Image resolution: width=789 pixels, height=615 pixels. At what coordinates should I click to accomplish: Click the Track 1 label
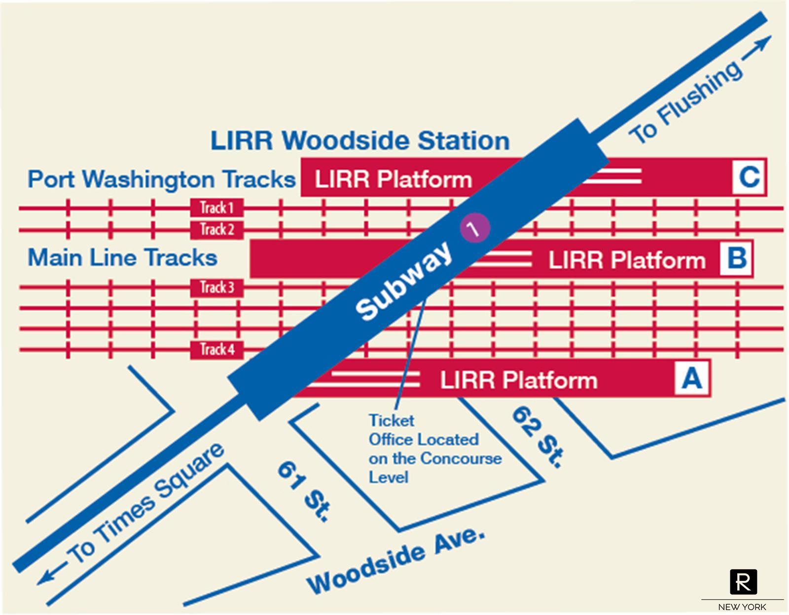pos(216,208)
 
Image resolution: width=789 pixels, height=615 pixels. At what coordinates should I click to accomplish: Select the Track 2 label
pos(216,229)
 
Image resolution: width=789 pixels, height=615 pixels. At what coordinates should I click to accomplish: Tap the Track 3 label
pos(216,287)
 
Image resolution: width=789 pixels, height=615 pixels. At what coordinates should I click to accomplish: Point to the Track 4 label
pos(216,350)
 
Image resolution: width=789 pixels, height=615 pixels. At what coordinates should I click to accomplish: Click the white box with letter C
pos(749,177)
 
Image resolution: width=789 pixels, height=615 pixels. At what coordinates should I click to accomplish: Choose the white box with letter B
pos(736,258)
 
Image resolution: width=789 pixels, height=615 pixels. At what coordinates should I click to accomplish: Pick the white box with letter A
pos(692,378)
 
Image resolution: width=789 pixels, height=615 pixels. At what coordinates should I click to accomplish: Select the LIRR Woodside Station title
pos(360,141)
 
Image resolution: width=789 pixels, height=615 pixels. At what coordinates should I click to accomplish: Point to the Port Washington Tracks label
pos(161,179)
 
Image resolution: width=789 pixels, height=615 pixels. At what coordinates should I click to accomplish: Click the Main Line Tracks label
pos(122,258)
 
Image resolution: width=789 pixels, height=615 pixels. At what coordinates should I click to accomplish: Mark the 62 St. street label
pos(537,436)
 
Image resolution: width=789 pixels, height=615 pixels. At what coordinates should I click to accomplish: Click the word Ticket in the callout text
pos(391,421)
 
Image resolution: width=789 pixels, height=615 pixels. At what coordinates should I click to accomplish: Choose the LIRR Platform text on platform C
pos(393,179)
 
